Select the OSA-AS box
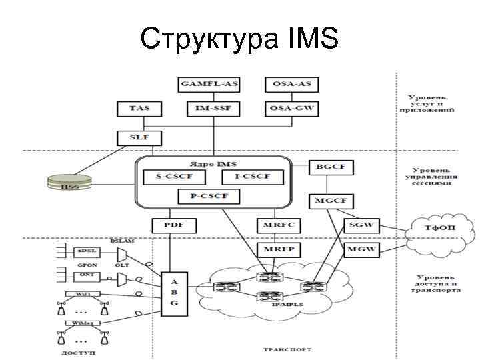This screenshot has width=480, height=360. pos(291,85)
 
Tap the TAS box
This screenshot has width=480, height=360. pos(139,107)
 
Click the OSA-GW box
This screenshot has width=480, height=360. pos(291,107)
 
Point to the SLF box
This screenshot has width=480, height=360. pos(139,138)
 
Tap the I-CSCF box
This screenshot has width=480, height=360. pos(253,177)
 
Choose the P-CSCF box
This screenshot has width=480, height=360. pos(211,197)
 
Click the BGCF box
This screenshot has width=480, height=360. pos(331,169)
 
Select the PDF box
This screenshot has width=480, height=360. pos(170,225)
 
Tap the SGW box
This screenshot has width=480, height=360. pos(359,225)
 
